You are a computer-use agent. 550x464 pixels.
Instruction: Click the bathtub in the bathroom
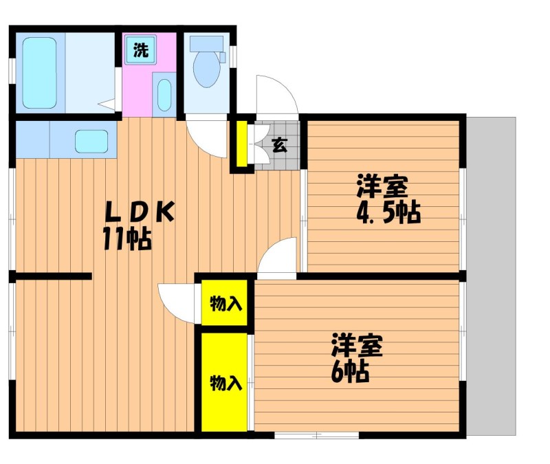40,73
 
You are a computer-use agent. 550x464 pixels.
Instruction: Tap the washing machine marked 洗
141,49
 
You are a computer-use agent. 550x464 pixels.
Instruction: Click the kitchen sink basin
91,142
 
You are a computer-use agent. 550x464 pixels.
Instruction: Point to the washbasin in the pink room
164,95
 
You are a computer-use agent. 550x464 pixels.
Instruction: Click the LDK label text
140,212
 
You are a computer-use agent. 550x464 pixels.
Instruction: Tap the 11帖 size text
127,239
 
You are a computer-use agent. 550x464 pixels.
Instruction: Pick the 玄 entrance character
280,145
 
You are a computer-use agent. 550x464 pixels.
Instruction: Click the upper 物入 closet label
226,303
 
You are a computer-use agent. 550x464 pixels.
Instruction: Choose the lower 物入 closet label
226,383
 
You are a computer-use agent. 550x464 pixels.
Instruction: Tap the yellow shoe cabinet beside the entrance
241,144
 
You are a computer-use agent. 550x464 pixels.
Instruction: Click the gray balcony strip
491,276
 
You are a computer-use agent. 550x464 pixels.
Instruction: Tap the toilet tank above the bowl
208,44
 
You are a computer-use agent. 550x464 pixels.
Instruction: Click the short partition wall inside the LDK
54,276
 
